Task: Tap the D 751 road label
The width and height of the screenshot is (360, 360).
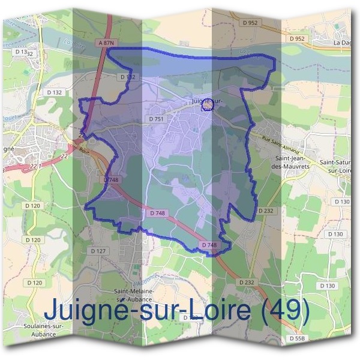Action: [x=157, y=119]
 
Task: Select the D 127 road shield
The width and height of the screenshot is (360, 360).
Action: [x=98, y=251]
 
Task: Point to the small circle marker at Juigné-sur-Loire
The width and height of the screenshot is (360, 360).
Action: [x=208, y=108]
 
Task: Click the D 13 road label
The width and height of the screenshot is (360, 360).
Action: [x=22, y=52]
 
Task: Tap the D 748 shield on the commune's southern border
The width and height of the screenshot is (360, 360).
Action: [x=208, y=245]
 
